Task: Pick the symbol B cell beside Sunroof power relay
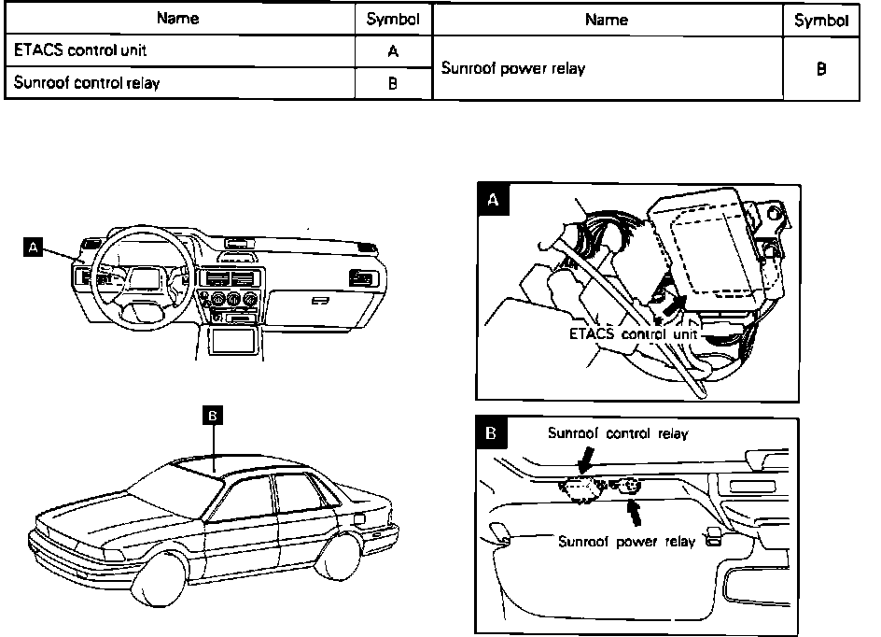(820, 68)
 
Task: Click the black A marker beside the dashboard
(35, 247)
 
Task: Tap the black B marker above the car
(214, 418)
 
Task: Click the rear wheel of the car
(336, 550)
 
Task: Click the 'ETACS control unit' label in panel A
(620, 333)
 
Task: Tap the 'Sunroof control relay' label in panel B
(618, 432)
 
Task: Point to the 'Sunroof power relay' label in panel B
(626, 542)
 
